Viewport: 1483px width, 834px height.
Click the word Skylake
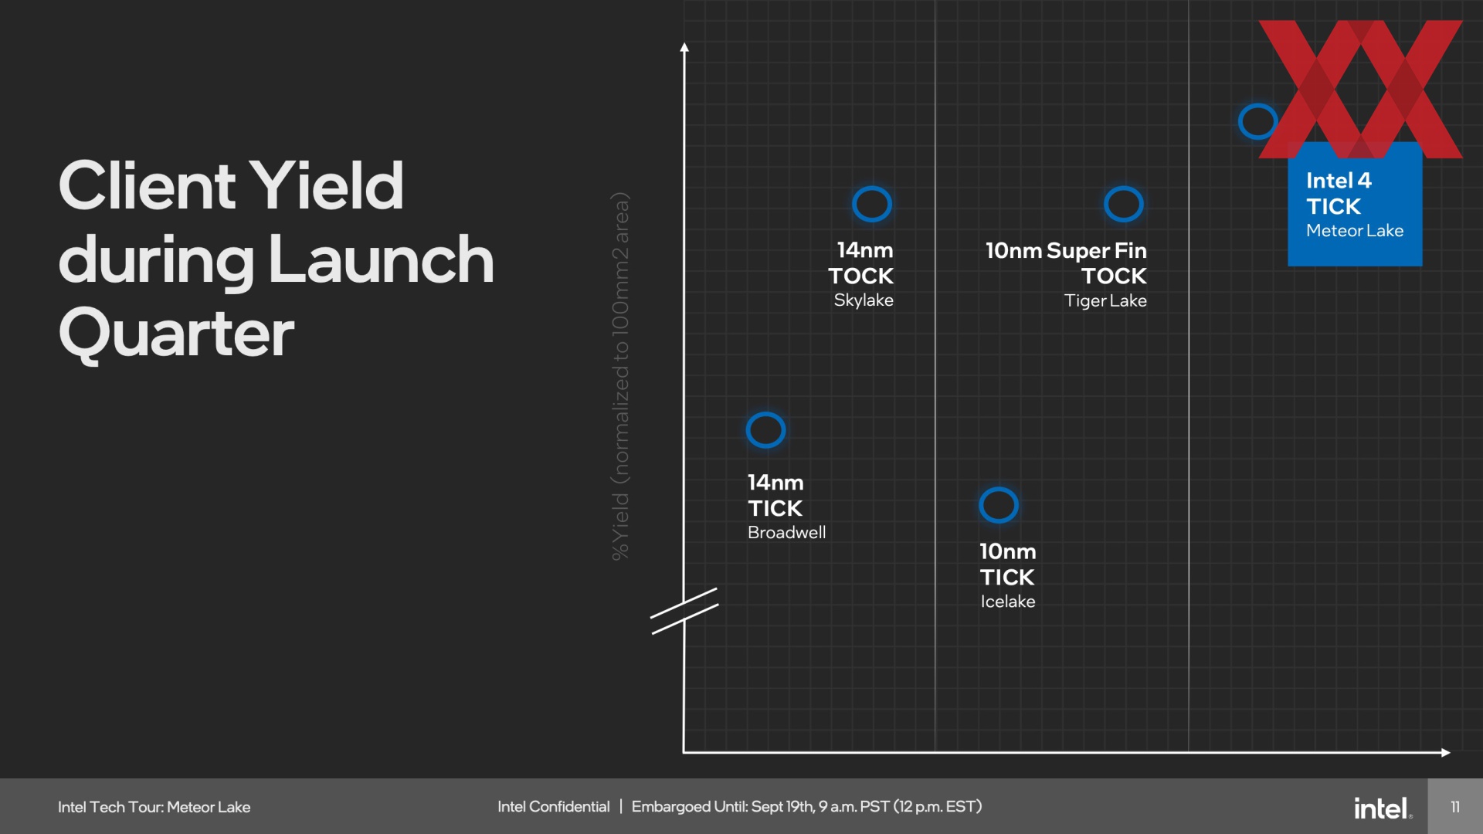tap(864, 300)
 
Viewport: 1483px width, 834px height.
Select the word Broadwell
tap(786, 532)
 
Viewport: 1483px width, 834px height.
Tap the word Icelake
tap(1008, 602)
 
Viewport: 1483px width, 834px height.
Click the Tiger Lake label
tap(1105, 301)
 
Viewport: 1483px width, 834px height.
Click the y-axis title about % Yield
tap(620, 376)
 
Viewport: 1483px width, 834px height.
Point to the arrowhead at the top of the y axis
tap(684, 47)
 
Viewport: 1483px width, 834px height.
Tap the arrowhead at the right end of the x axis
tap(1446, 752)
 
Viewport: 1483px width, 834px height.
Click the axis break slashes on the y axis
tap(684, 611)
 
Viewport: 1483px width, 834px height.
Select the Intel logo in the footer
tap(1383, 808)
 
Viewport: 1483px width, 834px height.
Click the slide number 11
tap(1455, 807)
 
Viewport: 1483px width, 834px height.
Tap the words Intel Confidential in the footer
tap(553, 807)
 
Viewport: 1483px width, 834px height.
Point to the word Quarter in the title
tap(176, 334)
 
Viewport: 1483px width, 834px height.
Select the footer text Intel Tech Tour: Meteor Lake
tap(154, 807)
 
